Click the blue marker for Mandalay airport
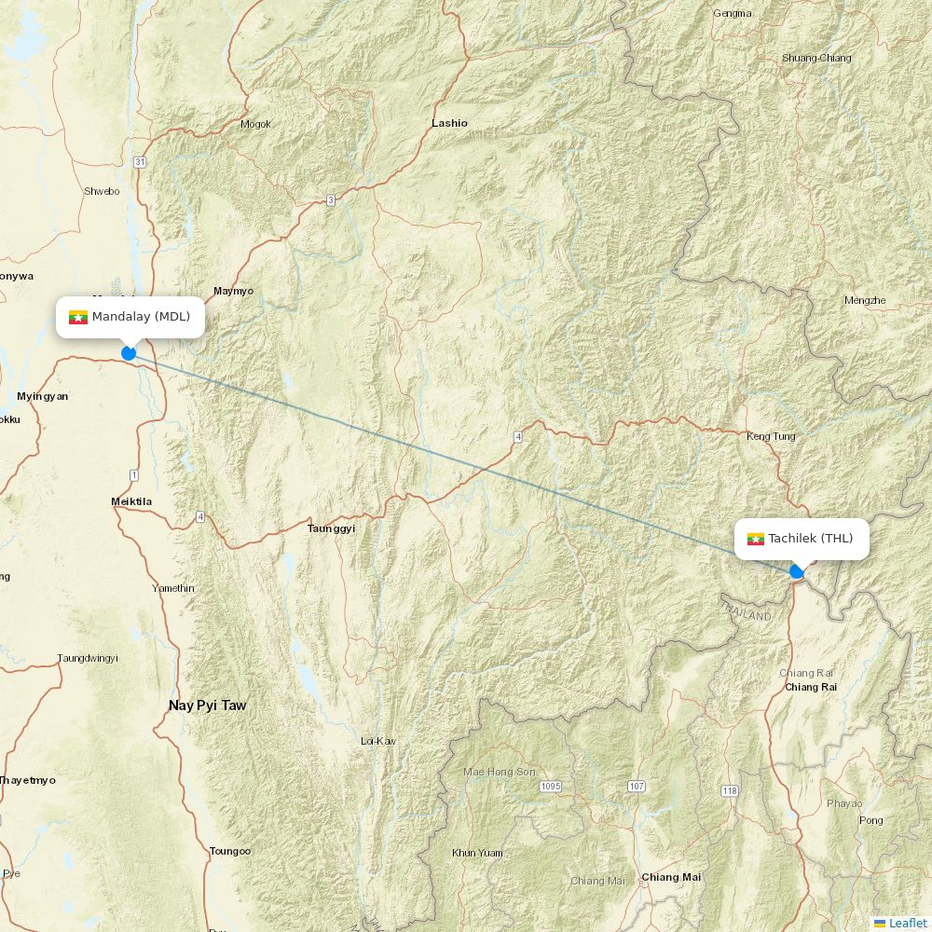tap(129, 353)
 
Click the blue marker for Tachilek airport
tap(796, 571)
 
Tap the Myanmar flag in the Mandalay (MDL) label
tap(78, 317)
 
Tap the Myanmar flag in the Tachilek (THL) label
tap(756, 539)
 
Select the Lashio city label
tap(449, 123)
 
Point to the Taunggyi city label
tap(331, 528)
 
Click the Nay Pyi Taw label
tap(207, 706)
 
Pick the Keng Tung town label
tap(771, 436)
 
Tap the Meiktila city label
tap(131, 501)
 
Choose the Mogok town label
tap(255, 124)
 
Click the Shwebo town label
tap(102, 191)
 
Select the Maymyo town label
tap(233, 291)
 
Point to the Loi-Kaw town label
tap(378, 741)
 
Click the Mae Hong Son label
tap(500, 772)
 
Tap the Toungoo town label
tap(230, 851)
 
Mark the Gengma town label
tap(732, 13)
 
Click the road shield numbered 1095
tap(551, 787)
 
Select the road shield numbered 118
tap(729, 791)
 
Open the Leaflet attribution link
tap(907, 923)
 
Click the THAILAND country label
tap(746, 611)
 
